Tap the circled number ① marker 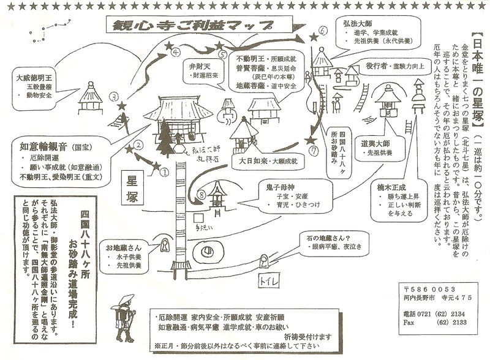[x=164, y=173]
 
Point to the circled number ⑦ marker [x=314, y=149]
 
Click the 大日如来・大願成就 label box [x=263, y=162]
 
